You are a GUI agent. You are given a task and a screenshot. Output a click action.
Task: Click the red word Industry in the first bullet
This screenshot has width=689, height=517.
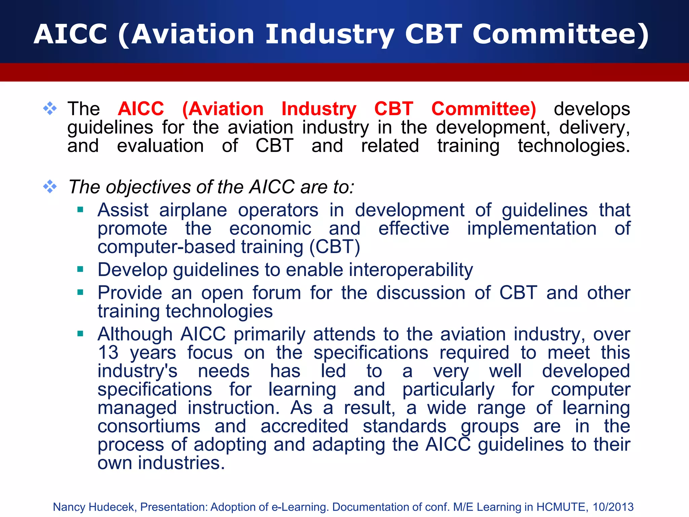click(319, 109)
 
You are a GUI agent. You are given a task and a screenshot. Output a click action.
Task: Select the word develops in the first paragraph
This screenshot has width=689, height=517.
click(592, 109)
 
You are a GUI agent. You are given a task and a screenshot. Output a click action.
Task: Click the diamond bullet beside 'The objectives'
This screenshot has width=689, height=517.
click(50, 186)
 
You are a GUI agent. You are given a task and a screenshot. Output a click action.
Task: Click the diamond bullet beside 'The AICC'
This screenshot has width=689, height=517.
click(50, 108)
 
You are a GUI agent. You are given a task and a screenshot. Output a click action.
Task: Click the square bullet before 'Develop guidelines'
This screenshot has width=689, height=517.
click(80, 269)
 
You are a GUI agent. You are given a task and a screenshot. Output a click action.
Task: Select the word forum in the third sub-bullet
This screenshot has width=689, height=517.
click(277, 292)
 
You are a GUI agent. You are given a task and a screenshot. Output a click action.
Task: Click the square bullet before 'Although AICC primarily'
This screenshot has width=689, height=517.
click(80, 334)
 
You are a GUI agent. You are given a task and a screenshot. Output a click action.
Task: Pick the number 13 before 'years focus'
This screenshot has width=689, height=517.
click(108, 353)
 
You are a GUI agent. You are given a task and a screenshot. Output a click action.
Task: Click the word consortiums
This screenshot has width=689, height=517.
click(149, 426)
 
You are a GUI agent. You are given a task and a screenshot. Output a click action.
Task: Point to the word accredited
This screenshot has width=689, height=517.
click(304, 426)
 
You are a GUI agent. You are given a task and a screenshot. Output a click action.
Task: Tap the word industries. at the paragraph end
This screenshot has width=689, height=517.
click(181, 463)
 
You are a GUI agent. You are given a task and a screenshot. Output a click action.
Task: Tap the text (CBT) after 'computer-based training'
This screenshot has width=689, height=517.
click(334, 247)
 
